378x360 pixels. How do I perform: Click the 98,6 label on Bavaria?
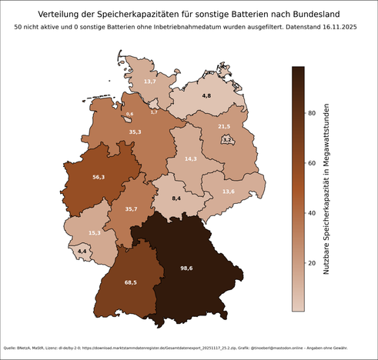pyautogui.click(x=186, y=268)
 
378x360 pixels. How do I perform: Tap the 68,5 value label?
pyautogui.click(x=130, y=283)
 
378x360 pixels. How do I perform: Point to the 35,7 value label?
pyautogui.click(x=131, y=208)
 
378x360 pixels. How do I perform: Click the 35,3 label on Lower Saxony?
pyautogui.click(x=135, y=132)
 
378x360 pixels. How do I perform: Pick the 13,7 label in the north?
pyautogui.click(x=150, y=81)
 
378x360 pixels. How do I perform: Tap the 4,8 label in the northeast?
pyautogui.click(x=206, y=95)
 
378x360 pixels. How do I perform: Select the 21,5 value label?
pyautogui.click(x=224, y=126)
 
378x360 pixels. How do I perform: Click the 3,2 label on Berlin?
pyautogui.click(x=226, y=140)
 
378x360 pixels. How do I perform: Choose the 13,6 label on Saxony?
pyautogui.click(x=228, y=191)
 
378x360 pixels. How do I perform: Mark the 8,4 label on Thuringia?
pyautogui.click(x=176, y=198)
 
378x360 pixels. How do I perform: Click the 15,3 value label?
pyautogui.click(x=95, y=232)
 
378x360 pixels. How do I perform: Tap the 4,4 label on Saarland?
pyautogui.click(x=82, y=251)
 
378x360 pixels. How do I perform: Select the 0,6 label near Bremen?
pyautogui.click(x=129, y=114)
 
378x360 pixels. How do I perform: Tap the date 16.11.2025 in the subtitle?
pyautogui.click(x=340, y=28)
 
